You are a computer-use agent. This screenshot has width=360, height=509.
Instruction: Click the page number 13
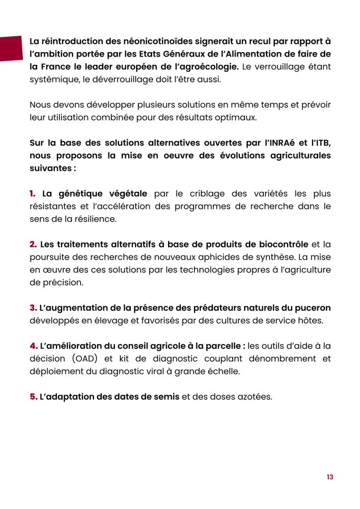(330, 477)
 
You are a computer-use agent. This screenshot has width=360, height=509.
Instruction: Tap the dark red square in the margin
(11, 48)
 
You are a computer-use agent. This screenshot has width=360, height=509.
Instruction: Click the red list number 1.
(33, 193)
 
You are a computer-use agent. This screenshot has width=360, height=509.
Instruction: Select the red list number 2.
(33, 245)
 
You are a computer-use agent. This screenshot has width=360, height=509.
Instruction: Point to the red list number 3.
(33, 308)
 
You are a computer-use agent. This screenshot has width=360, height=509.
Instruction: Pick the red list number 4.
(33, 346)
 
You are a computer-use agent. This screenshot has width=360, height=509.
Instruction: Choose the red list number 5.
(33, 397)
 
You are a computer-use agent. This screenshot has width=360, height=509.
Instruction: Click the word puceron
(312, 308)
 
